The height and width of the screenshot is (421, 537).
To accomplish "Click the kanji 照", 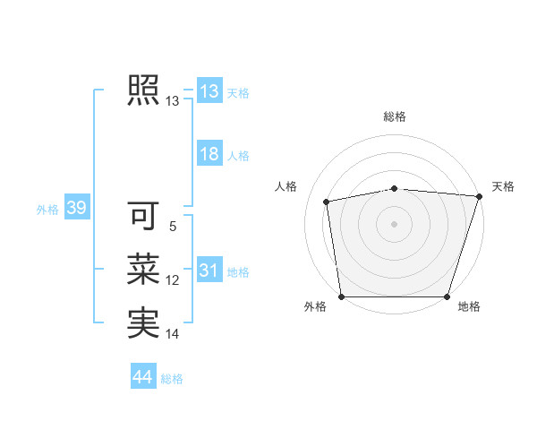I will coord(142,90).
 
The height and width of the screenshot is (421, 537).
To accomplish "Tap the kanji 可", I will coord(142,215).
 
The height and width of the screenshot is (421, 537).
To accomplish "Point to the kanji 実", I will coord(142,322).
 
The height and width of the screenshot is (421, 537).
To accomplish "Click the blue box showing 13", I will coord(209,91).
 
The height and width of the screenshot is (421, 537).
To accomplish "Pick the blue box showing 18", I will coord(209,154).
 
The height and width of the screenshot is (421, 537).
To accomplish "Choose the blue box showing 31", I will coord(209,270).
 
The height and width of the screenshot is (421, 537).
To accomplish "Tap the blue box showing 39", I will coord(76,209).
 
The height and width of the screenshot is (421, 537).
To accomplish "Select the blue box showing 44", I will coord(142,377).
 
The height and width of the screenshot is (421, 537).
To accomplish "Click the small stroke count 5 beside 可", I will coord(173,227).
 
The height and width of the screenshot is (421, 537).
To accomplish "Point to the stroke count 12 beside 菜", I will coord(173,280).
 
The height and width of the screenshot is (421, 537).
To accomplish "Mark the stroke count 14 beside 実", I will coord(173,334).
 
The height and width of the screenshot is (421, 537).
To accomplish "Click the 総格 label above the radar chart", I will coord(395,116).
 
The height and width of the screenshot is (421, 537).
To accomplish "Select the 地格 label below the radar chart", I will coord(469,306).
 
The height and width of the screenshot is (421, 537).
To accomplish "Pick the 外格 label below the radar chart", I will coord(315,306).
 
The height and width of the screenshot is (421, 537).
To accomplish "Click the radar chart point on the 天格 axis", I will coord(479,196).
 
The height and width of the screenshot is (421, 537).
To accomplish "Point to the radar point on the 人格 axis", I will coord(328,202).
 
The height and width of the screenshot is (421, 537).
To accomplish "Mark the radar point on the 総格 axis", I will coord(395,188).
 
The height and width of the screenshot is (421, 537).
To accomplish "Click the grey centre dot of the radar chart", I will coord(395,223).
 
